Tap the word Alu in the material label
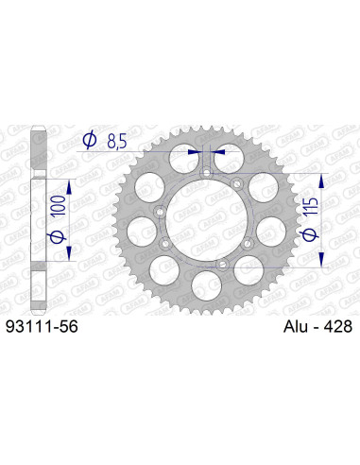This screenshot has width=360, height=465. pos(295,326)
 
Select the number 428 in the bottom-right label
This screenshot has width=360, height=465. pos(336,326)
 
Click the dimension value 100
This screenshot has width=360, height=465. pos(60,198)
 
